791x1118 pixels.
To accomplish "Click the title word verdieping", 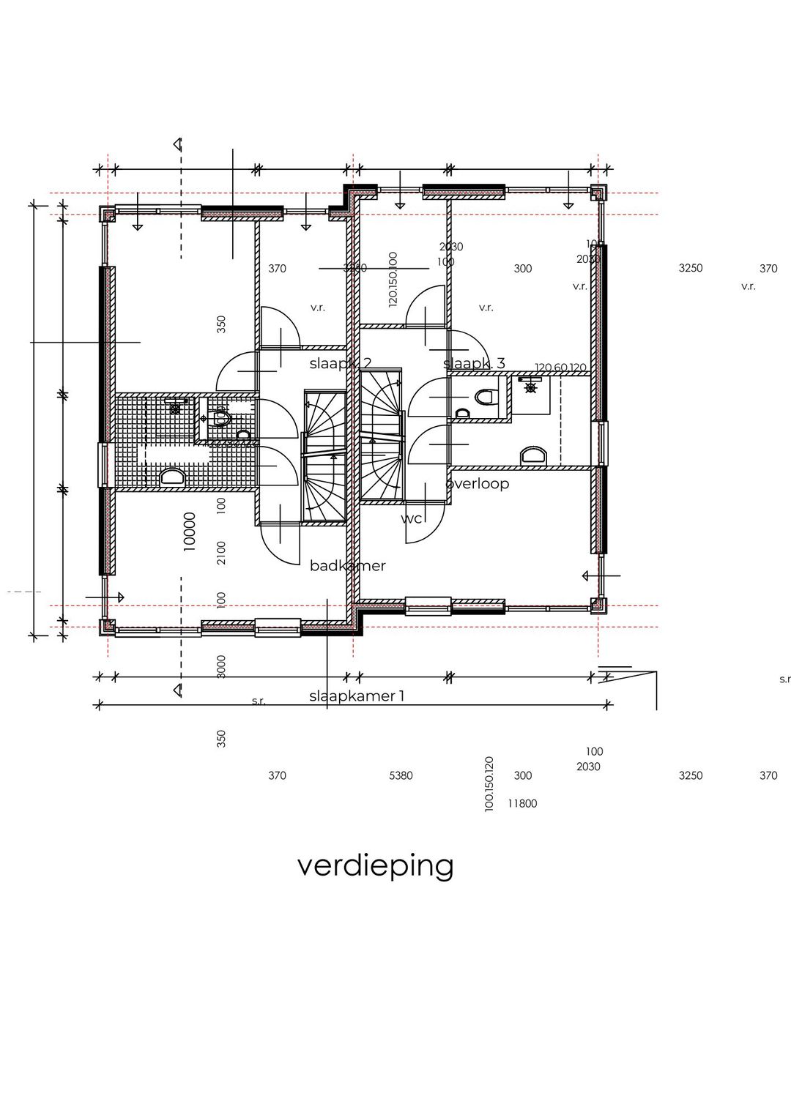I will pos(375,865).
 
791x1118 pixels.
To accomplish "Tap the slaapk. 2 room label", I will pos(340,363).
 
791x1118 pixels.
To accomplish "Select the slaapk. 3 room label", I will pos(474,363).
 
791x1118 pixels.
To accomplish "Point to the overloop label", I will pos(477,483).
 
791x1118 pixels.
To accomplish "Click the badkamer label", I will pos(347,565).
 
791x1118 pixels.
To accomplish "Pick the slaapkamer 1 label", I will pos(357,696).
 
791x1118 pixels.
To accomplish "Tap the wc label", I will pos(411,518).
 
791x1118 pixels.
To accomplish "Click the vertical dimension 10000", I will pos(190,531).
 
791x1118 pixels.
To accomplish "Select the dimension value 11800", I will pos(522,803).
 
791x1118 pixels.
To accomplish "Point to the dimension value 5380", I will pos(401,775).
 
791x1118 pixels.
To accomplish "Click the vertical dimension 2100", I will pos(221,552).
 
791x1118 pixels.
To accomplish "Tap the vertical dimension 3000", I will pos(221,666).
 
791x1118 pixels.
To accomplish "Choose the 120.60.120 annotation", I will pos(561,368).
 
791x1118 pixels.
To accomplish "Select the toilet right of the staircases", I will pos(484,398).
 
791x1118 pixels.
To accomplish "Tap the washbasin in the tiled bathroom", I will pos(173,477).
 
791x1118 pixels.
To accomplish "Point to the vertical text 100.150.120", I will pos(489,783).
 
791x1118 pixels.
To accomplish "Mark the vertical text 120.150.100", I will pos(393,279).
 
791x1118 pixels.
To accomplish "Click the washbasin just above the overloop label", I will pos(534,456).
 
